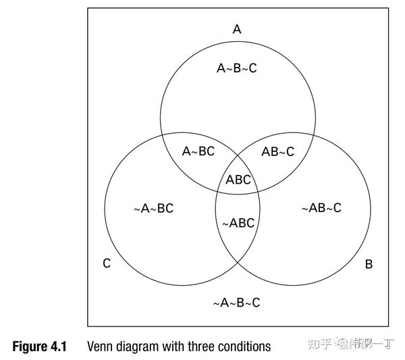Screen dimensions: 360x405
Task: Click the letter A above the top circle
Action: pyautogui.click(x=237, y=29)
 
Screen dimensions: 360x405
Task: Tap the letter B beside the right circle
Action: pyautogui.click(x=369, y=263)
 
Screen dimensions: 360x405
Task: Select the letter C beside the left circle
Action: pyautogui.click(x=107, y=263)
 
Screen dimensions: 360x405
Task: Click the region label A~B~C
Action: pyautogui.click(x=236, y=68)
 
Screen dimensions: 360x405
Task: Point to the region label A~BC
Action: pyautogui.click(x=198, y=151)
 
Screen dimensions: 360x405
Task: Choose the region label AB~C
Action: pyautogui.click(x=277, y=151)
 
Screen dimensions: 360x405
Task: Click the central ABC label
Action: pyautogui.click(x=238, y=180)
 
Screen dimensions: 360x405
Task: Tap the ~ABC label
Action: pyautogui.click(x=238, y=224)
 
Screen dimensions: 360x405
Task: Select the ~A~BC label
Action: pyautogui.click(x=154, y=208)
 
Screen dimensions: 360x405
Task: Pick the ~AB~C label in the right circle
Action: pyautogui.click(x=321, y=208)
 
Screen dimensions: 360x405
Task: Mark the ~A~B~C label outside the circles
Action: pyautogui.click(x=236, y=303)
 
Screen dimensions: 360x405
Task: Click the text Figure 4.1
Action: pyautogui.click(x=40, y=346)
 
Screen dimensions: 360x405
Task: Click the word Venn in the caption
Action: pyautogui.click(x=101, y=346)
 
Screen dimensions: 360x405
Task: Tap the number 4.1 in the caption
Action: pyautogui.click(x=59, y=346)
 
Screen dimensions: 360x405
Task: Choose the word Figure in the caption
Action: pyautogui.click(x=30, y=346)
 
